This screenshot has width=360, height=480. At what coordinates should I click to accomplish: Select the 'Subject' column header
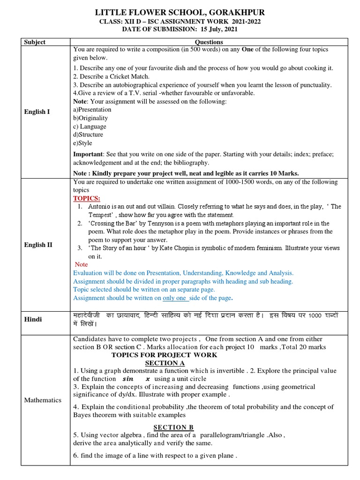tap(35, 42)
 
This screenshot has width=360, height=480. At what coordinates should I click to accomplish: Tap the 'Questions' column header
tap(209, 42)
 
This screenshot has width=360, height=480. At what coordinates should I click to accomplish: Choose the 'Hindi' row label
tap(33, 319)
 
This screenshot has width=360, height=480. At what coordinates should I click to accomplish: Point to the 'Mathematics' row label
tap(43, 400)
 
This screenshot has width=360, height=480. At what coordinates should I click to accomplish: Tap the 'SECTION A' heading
tap(165, 363)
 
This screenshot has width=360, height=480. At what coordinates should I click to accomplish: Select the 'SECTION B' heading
tap(173, 427)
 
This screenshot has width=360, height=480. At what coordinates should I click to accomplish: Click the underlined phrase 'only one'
tap(174, 298)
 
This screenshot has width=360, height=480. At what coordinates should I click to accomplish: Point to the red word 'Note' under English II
tap(81, 264)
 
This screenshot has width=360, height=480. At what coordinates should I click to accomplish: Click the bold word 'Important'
tap(88, 154)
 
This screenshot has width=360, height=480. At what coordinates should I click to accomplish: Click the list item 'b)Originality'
tap(90, 118)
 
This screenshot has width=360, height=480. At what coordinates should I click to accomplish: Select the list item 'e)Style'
tap(82, 143)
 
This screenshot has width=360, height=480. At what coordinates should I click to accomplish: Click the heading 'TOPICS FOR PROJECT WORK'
tap(157, 355)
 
